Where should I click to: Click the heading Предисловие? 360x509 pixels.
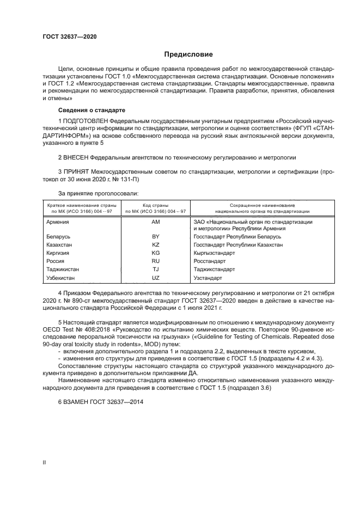[188, 54]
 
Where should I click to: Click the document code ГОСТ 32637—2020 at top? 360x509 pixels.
[70, 37]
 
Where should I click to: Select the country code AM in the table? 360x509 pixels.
[155, 222]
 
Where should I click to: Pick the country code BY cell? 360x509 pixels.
[155, 237]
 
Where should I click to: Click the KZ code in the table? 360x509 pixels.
[155, 246]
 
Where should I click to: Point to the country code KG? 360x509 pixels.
[155, 254]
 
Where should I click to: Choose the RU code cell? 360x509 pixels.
[155, 261]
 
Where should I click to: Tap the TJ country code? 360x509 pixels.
[155, 269]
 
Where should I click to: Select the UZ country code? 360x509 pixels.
[155, 278]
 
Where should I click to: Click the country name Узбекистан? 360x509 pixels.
[60, 278]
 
